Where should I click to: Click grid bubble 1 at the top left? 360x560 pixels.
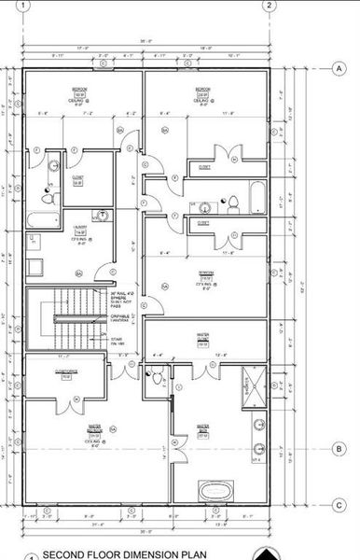(23, 6)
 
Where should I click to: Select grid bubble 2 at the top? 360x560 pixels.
(269, 6)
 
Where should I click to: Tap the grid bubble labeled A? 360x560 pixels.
(339, 68)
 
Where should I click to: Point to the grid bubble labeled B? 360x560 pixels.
(339, 449)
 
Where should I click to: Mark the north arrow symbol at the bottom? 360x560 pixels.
(269, 553)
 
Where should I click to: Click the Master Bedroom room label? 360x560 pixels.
(94, 429)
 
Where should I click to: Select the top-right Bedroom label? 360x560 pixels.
(201, 91)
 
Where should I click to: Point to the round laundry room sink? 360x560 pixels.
(104, 216)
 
